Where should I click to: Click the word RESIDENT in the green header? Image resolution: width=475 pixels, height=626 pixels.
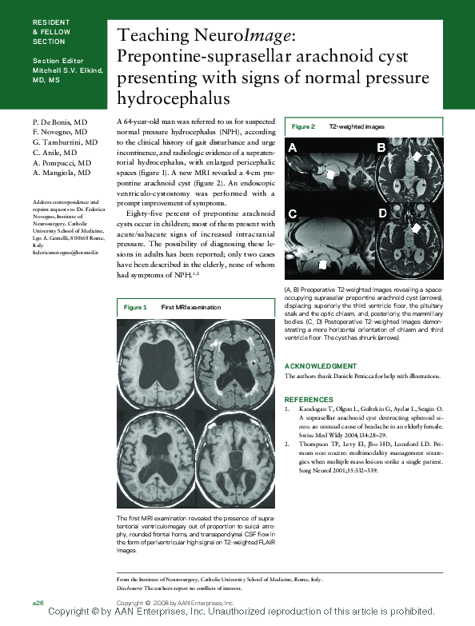51,22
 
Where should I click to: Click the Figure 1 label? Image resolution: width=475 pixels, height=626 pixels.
136,307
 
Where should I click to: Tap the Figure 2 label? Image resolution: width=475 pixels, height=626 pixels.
303,127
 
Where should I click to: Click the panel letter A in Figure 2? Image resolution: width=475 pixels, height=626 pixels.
293,148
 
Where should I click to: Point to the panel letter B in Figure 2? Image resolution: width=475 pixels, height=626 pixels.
381,148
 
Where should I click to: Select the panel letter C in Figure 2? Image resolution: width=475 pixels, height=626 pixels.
293,213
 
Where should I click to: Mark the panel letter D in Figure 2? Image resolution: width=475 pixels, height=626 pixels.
382,213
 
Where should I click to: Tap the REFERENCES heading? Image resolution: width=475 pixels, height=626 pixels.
309,399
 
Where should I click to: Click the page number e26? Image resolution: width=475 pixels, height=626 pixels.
38,600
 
